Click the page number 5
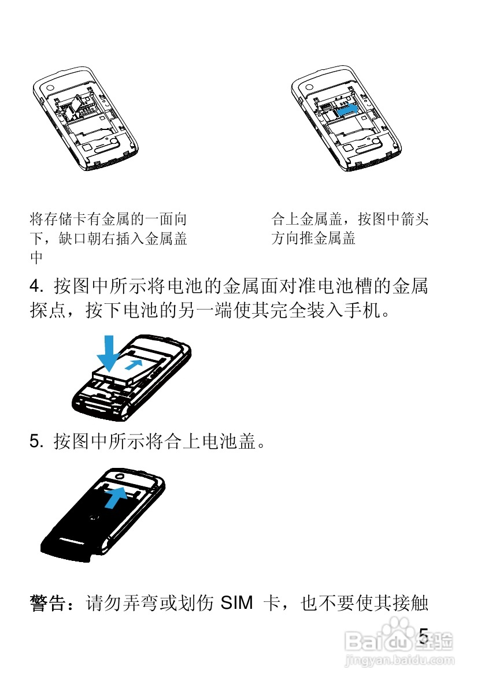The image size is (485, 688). click(424, 636)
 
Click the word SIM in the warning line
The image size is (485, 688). click(236, 603)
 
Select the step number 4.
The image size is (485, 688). click(35, 287)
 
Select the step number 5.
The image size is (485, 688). click(35, 441)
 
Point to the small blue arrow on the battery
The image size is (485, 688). click(134, 364)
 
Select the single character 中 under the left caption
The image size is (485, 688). click(36, 257)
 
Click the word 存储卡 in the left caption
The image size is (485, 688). click(65, 219)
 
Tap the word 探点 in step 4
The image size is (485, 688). click(49, 311)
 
